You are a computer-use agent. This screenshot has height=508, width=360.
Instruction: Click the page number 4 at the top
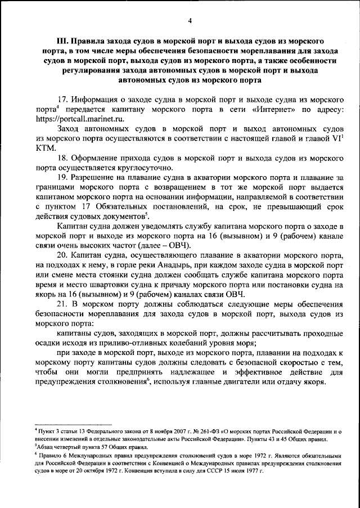(x=190, y=21)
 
